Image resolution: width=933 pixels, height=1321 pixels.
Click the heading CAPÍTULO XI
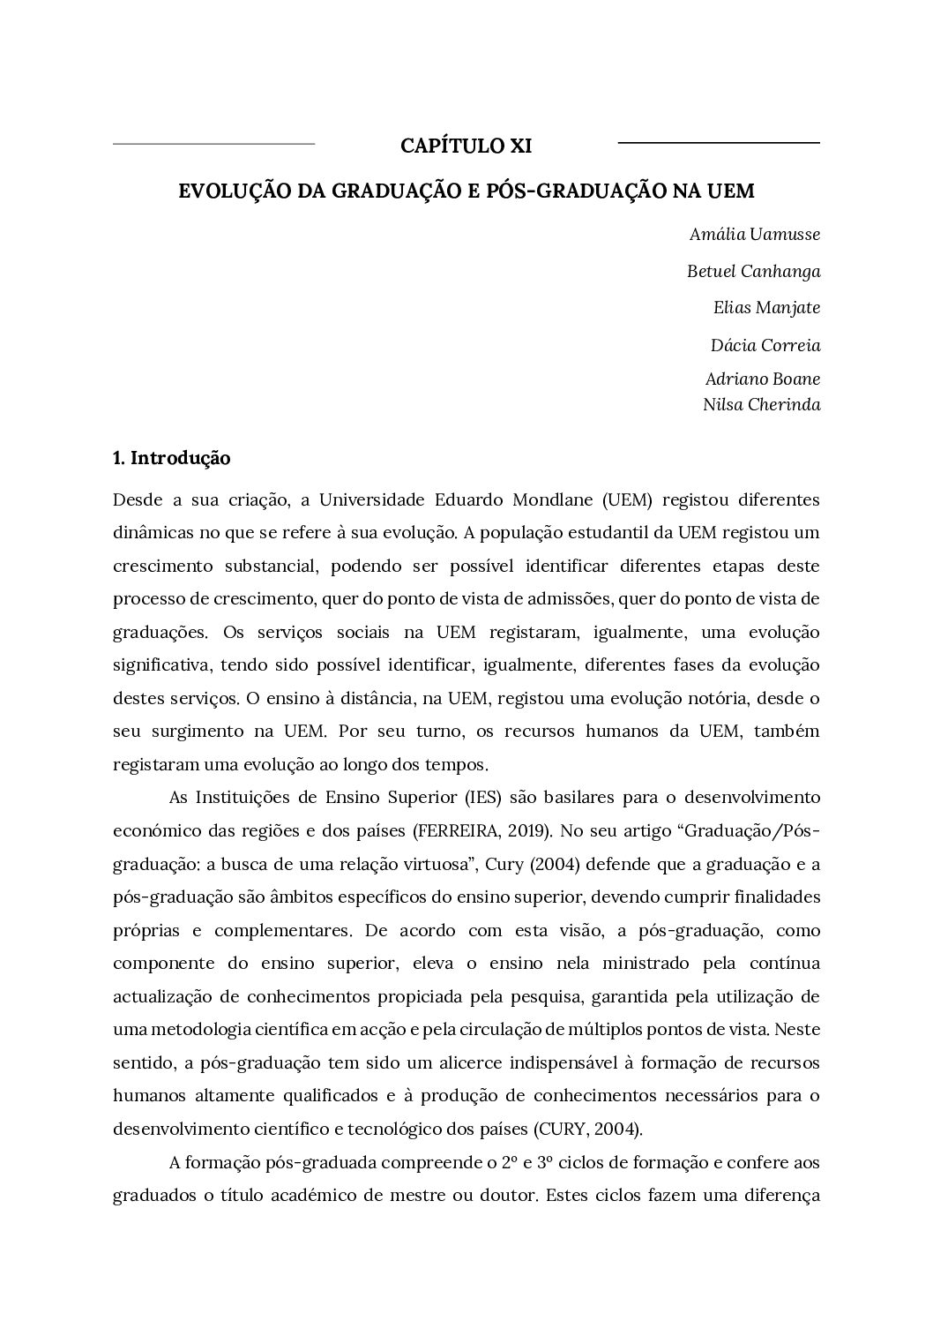[466, 146]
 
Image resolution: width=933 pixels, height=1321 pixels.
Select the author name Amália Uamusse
[755, 234]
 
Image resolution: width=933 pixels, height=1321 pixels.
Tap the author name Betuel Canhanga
[753, 271]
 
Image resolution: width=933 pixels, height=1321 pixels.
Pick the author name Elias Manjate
[766, 308]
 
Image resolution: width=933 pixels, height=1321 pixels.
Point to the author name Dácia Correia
[765, 345]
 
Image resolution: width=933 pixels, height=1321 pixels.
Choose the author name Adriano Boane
[762, 379]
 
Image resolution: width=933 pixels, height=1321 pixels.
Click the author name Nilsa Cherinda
[761, 405]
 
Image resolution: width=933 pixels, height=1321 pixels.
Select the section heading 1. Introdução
[172, 458]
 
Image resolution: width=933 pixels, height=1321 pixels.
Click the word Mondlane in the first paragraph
[553, 499]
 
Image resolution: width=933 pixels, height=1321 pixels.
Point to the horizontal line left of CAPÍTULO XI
[214, 143]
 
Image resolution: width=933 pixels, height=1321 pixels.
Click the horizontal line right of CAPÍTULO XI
[719, 142]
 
